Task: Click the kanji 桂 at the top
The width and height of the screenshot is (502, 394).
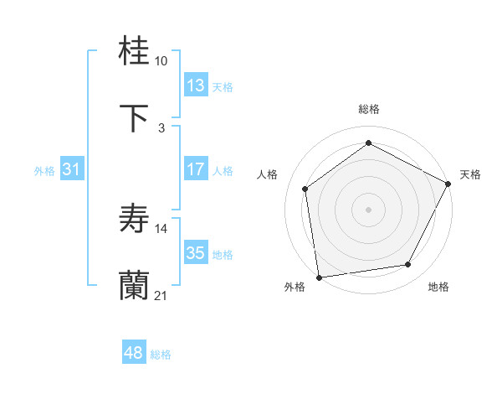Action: point(135,53)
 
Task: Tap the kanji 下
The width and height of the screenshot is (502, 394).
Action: point(135,119)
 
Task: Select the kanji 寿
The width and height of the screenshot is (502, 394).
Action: point(135,220)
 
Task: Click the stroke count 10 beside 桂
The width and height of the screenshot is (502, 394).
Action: point(161,61)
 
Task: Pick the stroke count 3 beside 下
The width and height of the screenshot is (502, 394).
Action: point(161,127)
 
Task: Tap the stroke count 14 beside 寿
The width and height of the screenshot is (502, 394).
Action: point(161,228)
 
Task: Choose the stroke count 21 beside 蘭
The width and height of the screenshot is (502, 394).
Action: point(161,295)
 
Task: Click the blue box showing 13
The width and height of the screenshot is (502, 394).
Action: point(196,86)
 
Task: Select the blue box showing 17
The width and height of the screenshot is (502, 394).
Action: point(196,169)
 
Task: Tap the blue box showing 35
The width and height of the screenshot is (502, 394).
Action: point(196,253)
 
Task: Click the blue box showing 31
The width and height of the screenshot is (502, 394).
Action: point(72,169)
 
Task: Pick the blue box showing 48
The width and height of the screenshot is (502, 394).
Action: point(134,353)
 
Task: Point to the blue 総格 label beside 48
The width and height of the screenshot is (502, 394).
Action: point(161,355)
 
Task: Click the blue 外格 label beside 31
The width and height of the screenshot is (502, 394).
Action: point(44,171)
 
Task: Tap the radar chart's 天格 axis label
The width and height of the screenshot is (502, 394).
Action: point(470,174)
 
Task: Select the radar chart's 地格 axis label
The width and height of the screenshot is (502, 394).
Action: point(438,288)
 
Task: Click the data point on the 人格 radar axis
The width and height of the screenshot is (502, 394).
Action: point(305,189)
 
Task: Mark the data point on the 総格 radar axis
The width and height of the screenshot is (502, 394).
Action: point(368,143)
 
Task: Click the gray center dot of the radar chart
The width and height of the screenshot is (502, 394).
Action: point(368,209)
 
